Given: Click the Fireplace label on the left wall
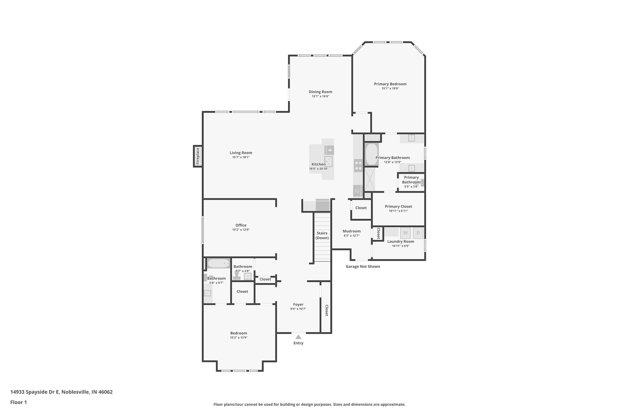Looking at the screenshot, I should point(198,156).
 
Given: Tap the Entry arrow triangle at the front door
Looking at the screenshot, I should point(298,337).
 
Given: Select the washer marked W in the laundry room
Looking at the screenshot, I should point(405,233).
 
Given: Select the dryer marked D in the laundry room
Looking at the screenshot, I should point(418,233).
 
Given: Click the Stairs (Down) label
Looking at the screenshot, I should point(322,235).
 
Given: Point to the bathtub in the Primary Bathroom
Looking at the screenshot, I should point(371,154).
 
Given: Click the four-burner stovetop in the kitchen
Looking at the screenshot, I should point(358,166).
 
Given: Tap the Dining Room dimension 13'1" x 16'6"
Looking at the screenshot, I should point(320,96).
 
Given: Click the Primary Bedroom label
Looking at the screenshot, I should point(390,84).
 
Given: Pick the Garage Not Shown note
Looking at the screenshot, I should point(363,267).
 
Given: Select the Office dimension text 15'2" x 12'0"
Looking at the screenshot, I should point(241,230).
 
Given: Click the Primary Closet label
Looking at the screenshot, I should point(398,206).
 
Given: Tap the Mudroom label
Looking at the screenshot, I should point(352,231).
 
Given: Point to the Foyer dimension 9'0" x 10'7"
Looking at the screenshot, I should point(298,309).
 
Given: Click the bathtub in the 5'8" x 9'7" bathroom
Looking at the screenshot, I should point(219,264).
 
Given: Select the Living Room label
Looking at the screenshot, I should point(241,153).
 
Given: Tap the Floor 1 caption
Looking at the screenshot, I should point(19,402).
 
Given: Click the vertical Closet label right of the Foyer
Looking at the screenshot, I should point(326,310).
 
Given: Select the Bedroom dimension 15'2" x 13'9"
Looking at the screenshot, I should point(239,338).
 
